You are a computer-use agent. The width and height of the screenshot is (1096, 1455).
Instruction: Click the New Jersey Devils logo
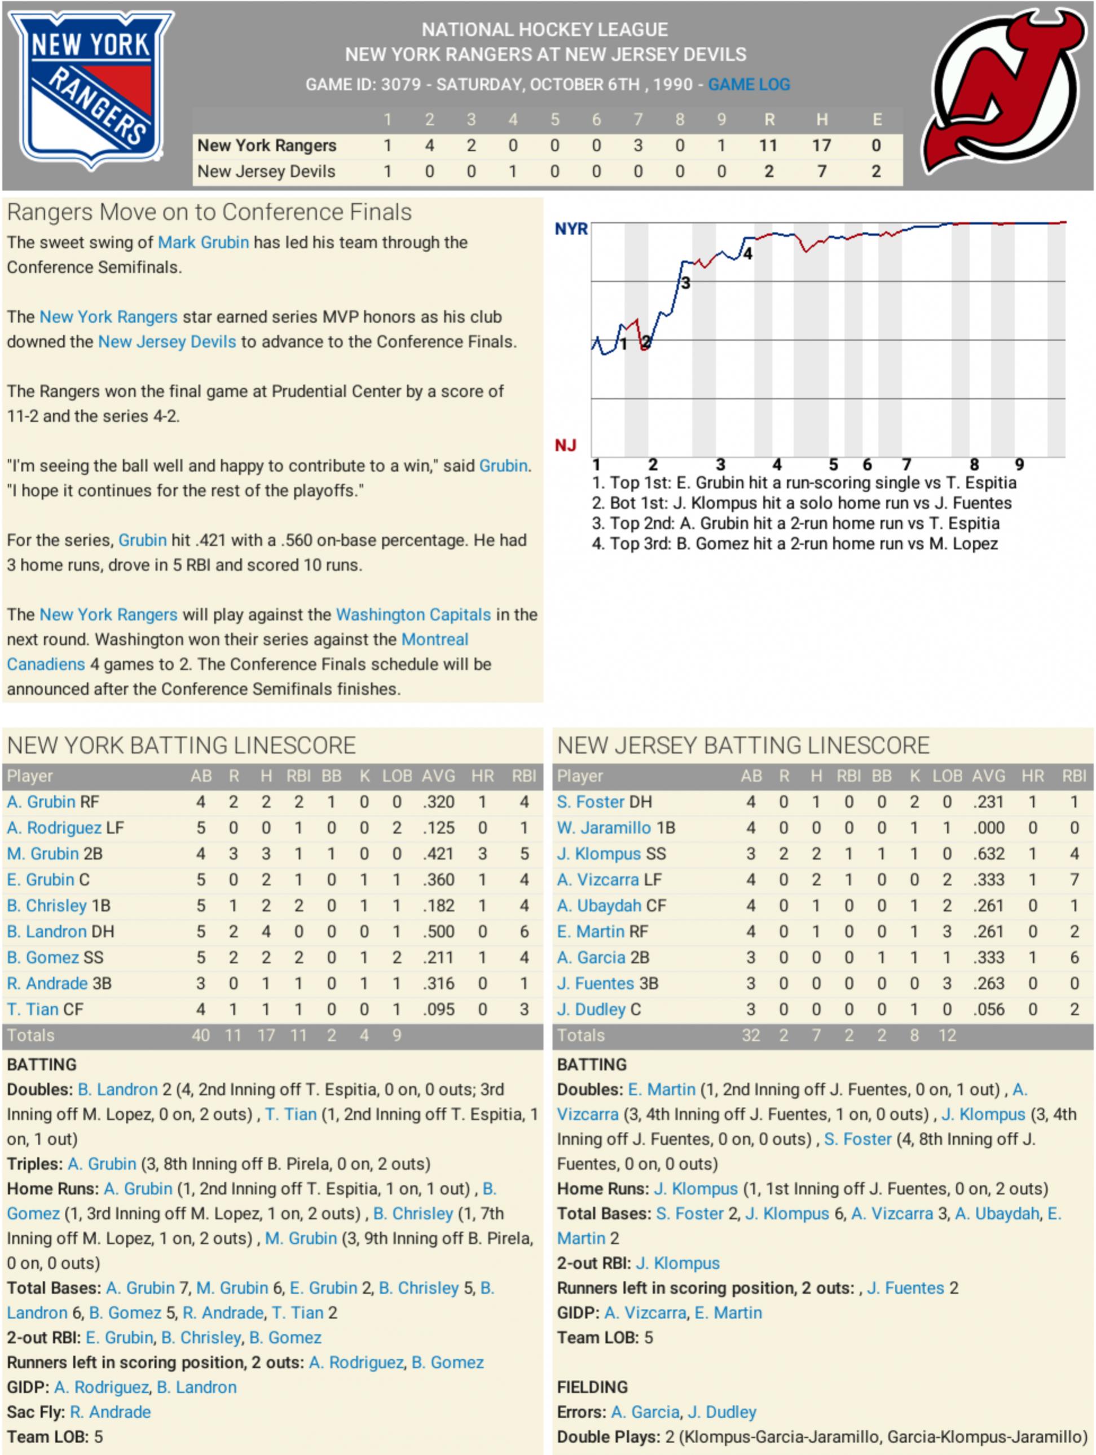point(1005,92)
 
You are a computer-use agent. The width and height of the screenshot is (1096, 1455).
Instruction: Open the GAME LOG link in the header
point(749,85)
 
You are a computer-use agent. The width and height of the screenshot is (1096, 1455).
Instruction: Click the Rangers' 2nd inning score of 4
point(429,146)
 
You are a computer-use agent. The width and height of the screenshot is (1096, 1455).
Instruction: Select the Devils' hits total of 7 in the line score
point(821,172)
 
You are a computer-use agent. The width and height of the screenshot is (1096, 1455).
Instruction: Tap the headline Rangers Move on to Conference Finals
point(209,213)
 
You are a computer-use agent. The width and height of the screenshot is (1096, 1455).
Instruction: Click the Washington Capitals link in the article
point(413,614)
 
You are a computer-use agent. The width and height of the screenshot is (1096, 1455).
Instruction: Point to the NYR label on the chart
point(571,229)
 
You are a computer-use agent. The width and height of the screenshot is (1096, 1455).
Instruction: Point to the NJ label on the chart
point(565,446)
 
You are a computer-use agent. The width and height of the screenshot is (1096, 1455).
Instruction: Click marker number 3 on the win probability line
point(686,284)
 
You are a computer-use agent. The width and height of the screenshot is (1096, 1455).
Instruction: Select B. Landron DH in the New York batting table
point(60,931)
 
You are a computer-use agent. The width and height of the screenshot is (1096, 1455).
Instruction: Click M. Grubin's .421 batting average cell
point(438,854)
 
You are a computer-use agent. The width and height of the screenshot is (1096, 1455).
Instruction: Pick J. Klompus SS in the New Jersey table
point(611,854)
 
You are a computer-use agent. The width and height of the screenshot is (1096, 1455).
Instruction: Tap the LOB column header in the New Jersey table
point(947,776)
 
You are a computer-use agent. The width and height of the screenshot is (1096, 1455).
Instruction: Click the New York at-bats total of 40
point(200,1035)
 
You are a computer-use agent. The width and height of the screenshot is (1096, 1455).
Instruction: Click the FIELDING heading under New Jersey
point(592,1387)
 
